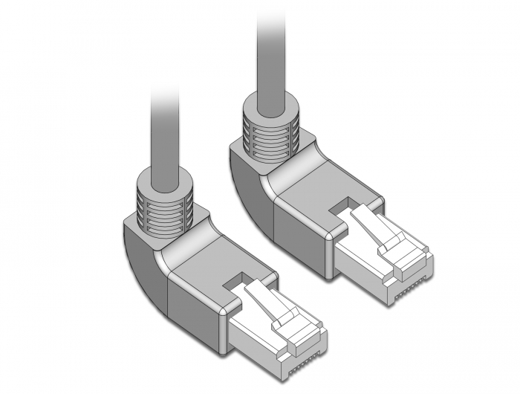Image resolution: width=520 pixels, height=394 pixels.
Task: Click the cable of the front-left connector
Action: pyautogui.click(x=164, y=134)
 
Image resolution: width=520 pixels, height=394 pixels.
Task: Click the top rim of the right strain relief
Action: pyautogui.click(x=270, y=109)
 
